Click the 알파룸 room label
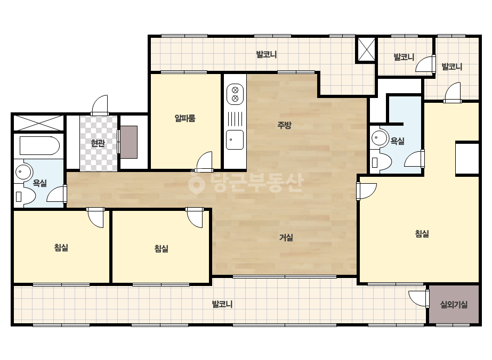tap(185, 118)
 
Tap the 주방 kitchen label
tap(284, 125)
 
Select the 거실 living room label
tap(286, 238)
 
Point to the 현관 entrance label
tap(98, 143)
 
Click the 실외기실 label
tap(454, 305)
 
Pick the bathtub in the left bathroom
tap(39, 145)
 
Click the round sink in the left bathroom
tap(23, 172)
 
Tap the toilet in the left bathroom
tap(25, 197)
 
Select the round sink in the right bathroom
tap(380, 138)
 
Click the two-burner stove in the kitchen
tap(235, 94)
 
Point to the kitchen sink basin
tap(235, 140)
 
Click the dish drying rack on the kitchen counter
tap(235, 119)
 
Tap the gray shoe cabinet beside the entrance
tap(129, 142)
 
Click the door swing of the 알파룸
tap(204, 162)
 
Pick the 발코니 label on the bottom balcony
tap(222, 304)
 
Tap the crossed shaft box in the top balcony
tap(366, 50)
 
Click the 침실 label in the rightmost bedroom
tap(422, 234)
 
